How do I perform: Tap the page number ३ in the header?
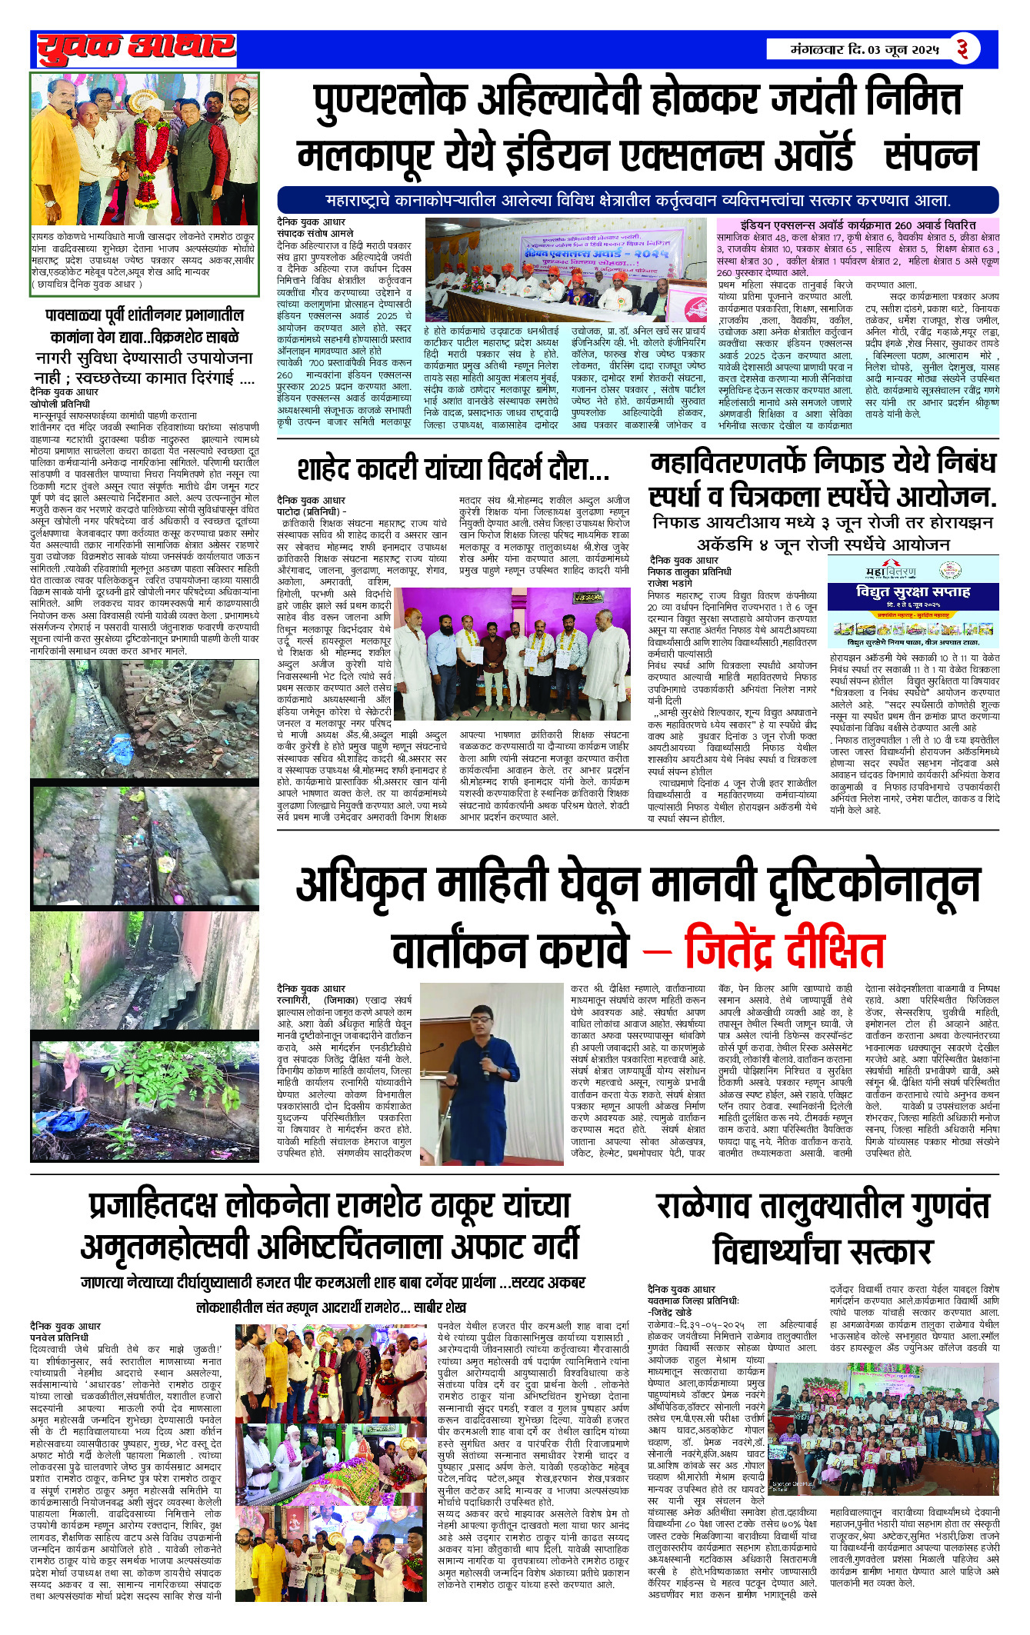click(x=962, y=49)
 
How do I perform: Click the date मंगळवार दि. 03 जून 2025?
click(x=865, y=50)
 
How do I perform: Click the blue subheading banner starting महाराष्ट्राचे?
click(x=638, y=201)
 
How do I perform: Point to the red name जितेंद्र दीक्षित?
click(x=784, y=951)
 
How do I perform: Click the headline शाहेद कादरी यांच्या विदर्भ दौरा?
click(x=453, y=468)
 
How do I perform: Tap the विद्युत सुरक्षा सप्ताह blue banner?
click(x=913, y=592)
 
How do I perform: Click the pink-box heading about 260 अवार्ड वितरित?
click(x=858, y=225)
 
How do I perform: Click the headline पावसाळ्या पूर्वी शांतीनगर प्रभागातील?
click(x=145, y=315)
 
